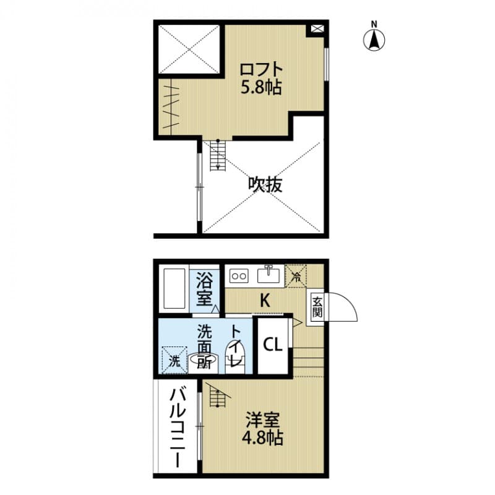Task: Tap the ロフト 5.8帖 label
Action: tap(261, 79)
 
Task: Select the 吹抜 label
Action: tap(266, 184)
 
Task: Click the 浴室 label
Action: tap(204, 289)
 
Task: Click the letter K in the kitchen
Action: tap(264, 301)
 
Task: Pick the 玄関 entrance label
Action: tap(317, 306)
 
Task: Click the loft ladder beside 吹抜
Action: tap(217, 155)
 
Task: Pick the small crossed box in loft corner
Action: tap(316, 29)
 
